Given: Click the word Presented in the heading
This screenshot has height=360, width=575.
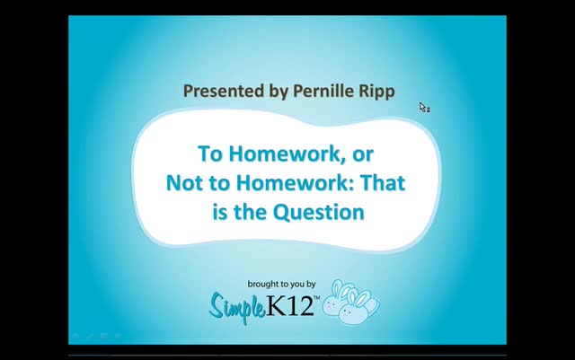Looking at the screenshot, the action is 224,91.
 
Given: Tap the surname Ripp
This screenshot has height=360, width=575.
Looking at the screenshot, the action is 376,92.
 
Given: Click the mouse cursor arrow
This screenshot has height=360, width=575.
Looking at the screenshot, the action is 422,107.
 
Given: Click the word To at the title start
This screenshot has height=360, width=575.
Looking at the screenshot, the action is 210,154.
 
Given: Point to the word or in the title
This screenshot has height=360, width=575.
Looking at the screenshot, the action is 363,155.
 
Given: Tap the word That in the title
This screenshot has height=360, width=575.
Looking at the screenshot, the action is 382,182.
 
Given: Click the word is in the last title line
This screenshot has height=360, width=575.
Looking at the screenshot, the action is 220,212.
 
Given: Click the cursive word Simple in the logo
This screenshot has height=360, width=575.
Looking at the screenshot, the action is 237,306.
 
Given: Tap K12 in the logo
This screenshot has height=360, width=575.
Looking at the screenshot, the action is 289,305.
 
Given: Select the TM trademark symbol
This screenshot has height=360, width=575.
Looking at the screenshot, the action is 317,298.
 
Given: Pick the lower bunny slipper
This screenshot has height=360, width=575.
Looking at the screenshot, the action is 358,308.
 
